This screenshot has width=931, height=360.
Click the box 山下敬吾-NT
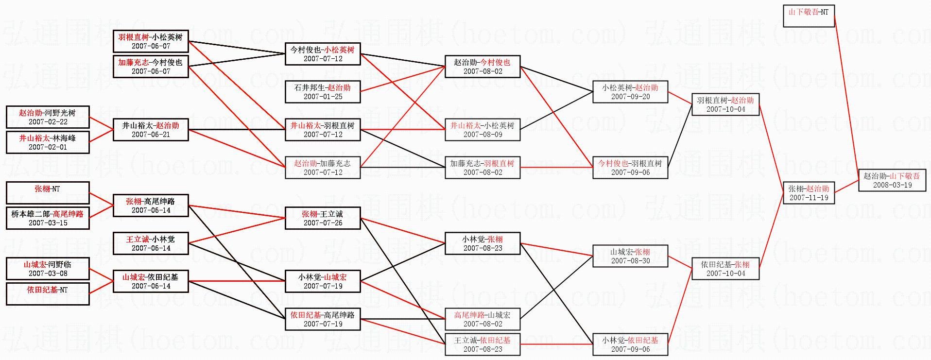[x=809, y=16]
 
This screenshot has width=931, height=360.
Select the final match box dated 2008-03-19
[x=892, y=180]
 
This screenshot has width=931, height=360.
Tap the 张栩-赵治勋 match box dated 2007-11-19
[x=809, y=193]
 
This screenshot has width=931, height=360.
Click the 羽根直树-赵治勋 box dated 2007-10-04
[x=725, y=104]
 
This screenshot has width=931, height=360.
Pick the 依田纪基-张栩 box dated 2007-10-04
[x=725, y=269]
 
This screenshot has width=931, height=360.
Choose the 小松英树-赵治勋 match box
[x=630, y=92]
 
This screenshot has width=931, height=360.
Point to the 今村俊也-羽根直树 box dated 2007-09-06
[x=630, y=168]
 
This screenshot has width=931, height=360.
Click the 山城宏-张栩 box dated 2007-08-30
[x=630, y=256]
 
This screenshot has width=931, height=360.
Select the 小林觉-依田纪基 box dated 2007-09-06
[x=630, y=344]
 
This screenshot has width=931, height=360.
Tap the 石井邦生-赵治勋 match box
[x=323, y=92]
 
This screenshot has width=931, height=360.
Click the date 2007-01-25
[x=323, y=97]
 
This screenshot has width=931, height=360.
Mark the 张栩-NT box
[x=48, y=193]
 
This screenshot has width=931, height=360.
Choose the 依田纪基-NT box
[x=48, y=294]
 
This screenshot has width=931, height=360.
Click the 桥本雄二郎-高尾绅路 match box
[x=48, y=218]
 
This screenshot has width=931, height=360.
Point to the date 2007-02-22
[x=48, y=122]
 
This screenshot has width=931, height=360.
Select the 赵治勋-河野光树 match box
[x=48, y=117]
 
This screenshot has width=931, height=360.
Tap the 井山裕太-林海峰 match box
[x=48, y=142]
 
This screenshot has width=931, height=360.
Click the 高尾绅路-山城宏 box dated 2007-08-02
[x=483, y=319]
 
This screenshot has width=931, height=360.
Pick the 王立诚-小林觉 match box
[x=151, y=243]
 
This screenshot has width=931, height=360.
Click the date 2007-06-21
[x=151, y=135]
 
